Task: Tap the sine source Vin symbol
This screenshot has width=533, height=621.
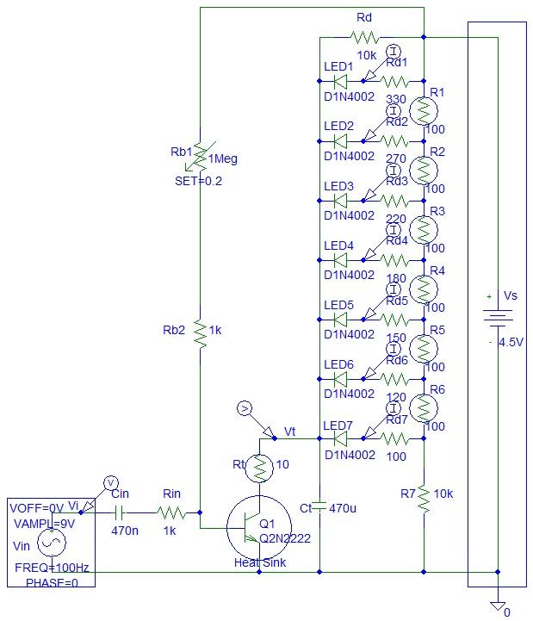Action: point(48,543)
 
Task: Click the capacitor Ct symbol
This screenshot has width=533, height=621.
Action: point(319,507)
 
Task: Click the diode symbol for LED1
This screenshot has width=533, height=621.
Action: point(339,82)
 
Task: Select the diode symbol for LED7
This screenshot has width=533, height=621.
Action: point(339,438)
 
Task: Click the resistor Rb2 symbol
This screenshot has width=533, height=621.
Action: point(200,332)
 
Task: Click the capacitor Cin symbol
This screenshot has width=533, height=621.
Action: point(120,511)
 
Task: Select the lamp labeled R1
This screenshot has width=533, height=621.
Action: point(423,110)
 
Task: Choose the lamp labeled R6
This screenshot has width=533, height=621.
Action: point(423,407)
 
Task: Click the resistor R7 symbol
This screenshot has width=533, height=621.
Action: point(423,498)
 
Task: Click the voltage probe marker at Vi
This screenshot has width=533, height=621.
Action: point(110,481)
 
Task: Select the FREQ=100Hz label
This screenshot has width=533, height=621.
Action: point(49,568)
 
